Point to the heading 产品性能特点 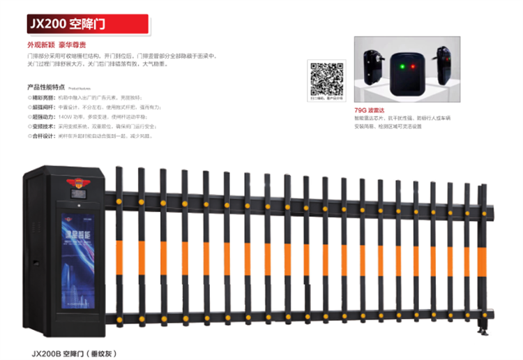pyautogui.click(x=47, y=87)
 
